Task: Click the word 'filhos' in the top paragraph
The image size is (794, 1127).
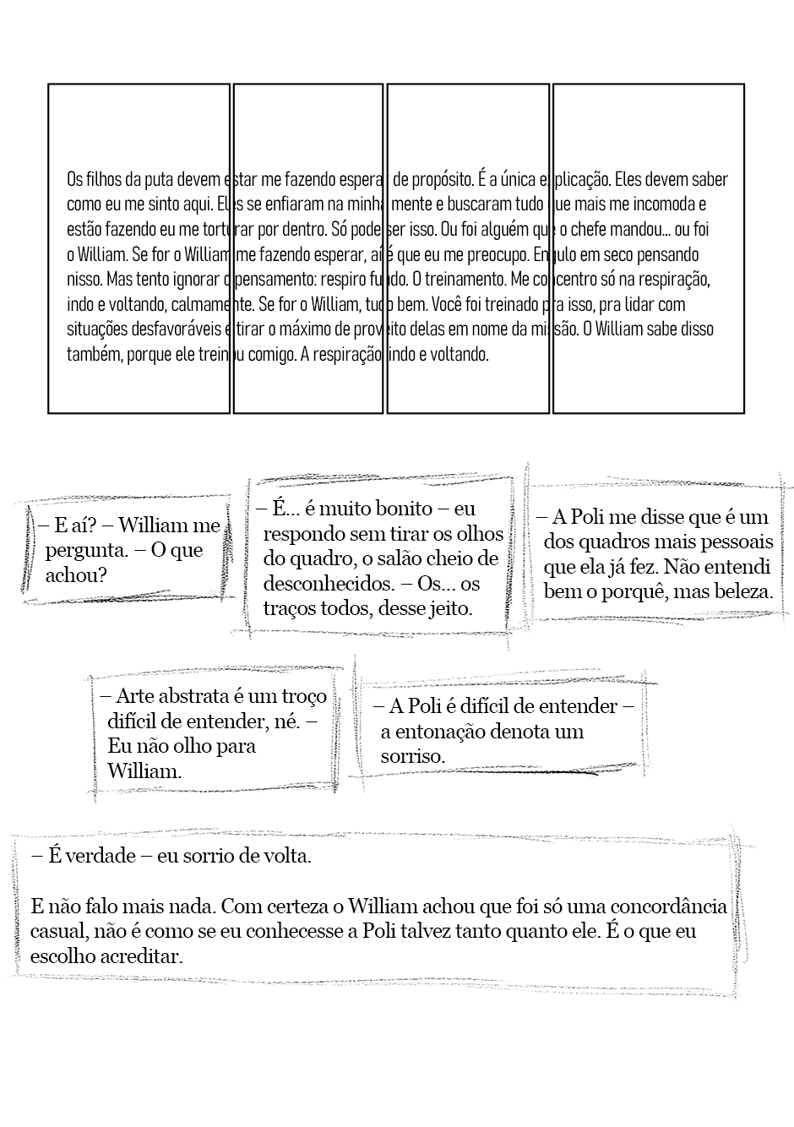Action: [x=101, y=179]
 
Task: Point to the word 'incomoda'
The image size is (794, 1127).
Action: [x=668, y=204]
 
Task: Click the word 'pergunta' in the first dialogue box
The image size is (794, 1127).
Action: [x=86, y=551]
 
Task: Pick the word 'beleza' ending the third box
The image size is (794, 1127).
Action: [x=742, y=591]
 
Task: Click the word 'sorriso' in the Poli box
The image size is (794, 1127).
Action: [x=411, y=756]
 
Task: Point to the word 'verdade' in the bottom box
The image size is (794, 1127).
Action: [x=100, y=856]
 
